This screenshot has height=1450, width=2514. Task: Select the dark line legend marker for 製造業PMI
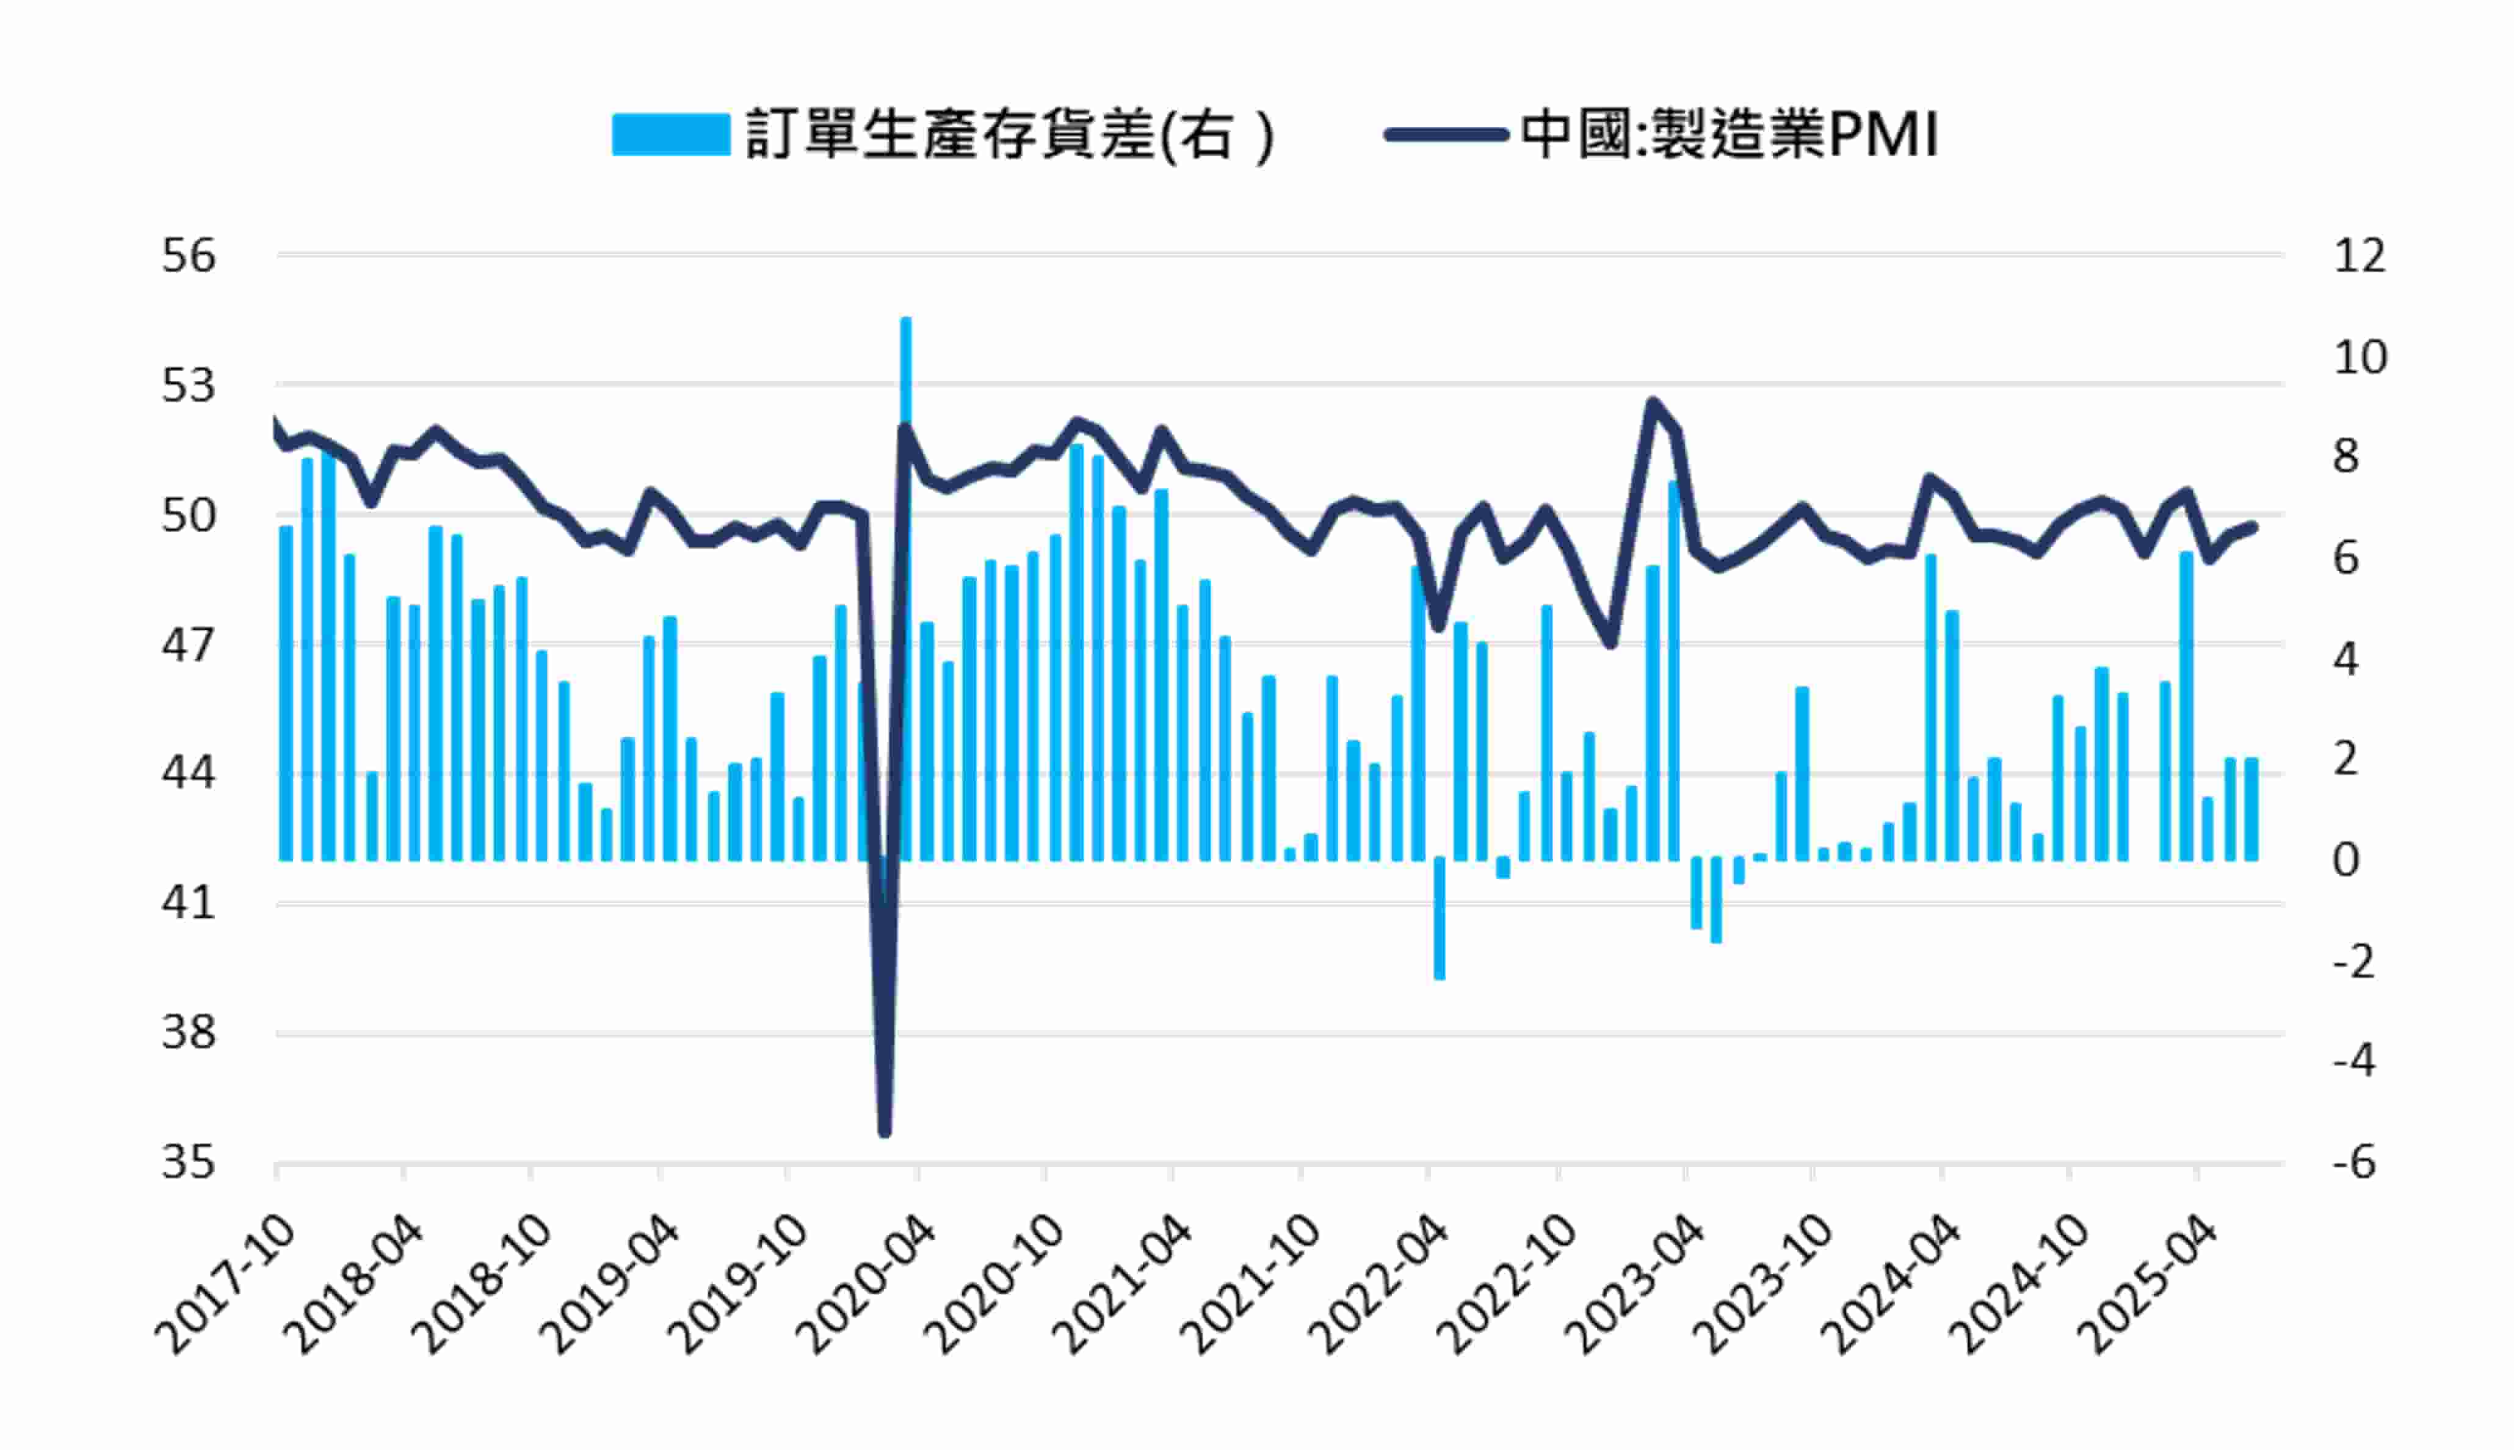tap(1446, 134)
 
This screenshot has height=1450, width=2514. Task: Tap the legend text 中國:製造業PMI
tap(1729, 134)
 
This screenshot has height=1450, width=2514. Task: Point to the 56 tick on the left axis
tap(188, 256)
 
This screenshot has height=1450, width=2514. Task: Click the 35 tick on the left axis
tap(188, 1162)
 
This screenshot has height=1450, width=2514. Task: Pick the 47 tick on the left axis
tap(188, 645)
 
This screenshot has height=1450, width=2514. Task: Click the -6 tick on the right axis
tap(2353, 1162)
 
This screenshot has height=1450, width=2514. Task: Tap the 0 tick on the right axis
tap(2346, 859)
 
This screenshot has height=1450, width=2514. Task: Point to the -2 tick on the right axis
tap(2353, 961)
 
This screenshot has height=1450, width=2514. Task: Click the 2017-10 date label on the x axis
tap(227, 1285)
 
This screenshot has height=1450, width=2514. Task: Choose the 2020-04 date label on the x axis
tap(869, 1285)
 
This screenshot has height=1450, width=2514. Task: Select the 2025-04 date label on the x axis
tap(2151, 1285)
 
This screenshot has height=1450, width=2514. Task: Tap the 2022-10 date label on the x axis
tap(1510, 1285)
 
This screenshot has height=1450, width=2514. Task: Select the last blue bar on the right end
tap(2251, 809)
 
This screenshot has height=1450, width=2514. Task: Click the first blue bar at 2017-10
tap(286, 692)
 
